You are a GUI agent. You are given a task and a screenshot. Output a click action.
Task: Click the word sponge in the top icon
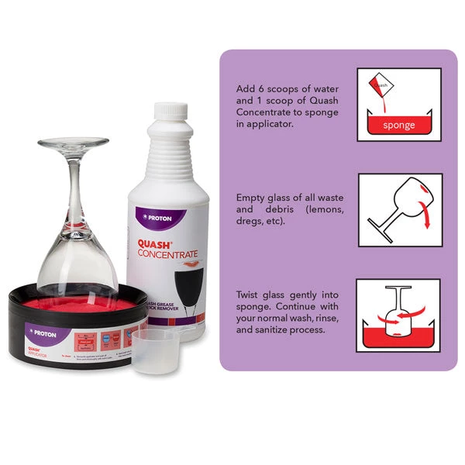(399, 125)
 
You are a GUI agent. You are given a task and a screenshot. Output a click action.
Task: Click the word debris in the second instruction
(268, 209)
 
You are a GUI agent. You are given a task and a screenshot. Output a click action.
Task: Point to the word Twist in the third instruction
(250, 294)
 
